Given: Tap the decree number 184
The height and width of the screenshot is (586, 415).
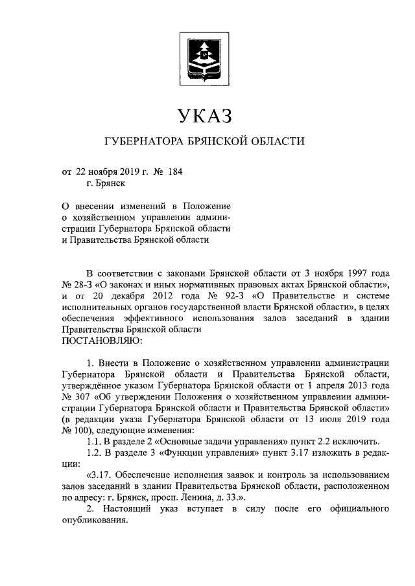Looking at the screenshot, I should [176, 172].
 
